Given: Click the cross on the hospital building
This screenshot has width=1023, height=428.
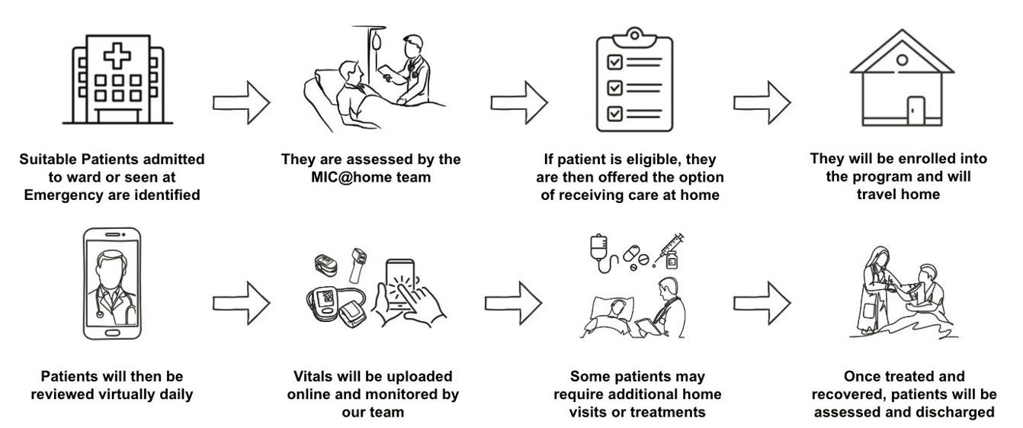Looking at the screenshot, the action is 117,56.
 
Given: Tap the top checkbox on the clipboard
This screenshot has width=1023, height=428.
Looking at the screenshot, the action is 614,62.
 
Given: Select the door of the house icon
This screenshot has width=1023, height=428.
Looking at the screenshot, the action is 916,111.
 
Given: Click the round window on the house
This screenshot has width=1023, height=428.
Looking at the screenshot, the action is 902,60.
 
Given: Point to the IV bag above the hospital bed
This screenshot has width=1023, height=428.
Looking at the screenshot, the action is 377,41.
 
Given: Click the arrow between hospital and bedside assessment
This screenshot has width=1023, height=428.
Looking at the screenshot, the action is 241,103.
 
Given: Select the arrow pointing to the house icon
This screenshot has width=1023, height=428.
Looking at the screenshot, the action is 762,103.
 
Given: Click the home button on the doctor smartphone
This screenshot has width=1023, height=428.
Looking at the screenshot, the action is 112,333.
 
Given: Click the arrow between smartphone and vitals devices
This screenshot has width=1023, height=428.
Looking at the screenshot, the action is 241,303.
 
